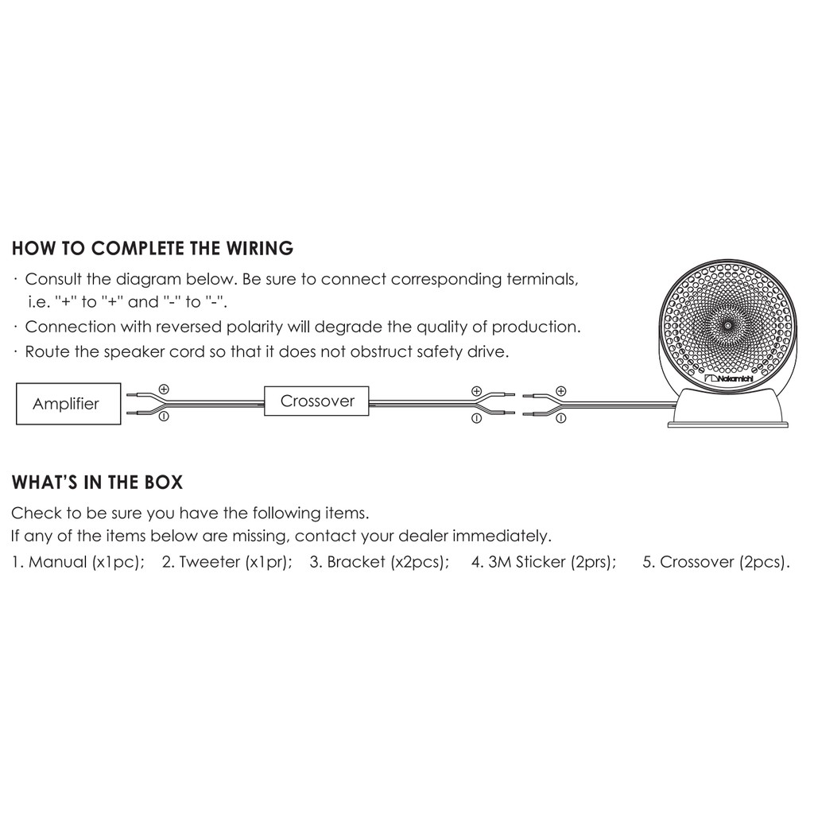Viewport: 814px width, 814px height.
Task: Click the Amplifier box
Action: click(68, 404)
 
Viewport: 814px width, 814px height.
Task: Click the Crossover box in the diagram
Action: click(316, 401)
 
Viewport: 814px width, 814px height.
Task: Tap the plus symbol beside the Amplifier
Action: click(164, 389)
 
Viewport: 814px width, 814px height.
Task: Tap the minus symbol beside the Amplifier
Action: click(164, 416)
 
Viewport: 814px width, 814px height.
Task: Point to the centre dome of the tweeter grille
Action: click(727, 325)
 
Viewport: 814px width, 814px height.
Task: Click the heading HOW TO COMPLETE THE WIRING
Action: click(153, 248)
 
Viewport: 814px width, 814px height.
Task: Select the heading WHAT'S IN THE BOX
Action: click(97, 483)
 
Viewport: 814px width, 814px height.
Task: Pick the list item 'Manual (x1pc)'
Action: click(78, 562)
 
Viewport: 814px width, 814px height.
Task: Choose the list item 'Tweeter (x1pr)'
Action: click(227, 562)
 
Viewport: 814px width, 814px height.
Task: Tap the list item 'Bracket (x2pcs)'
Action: click(379, 562)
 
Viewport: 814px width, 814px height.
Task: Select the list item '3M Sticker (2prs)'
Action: click(544, 562)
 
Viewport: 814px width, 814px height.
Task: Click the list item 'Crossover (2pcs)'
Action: click(716, 562)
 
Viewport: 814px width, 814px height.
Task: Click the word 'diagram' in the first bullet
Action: click(149, 279)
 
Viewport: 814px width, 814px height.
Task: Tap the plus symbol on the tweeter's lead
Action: click(560, 391)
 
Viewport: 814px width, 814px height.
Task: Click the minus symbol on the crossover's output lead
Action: click(477, 418)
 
